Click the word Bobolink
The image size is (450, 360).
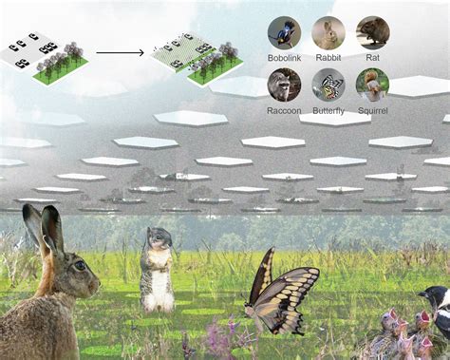pyautogui.click(x=284, y=57)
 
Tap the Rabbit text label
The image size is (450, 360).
pyautogui.click(x=328, y=57)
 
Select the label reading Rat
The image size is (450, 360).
pyautogui.click(x=372, y=57)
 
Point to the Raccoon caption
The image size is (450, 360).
pyautogui.click(x=284, y=109)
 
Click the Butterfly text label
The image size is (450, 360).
pyautogui.click(x=328, y=109)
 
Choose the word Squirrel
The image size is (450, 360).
pyautogui.click(x=372, y=109)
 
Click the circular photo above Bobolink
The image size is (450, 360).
pyautogui.click(x=284, y=33)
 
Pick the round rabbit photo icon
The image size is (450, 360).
pyautogui.click(x=328, y=33)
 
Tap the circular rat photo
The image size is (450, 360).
pyautogui.click(x=372, y=33)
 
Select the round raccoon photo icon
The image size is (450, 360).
pyautogui.click(x=284, y=85)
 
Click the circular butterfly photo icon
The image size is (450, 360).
pyautogui.click(x=328, y=85)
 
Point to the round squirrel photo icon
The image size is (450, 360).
pyautogui.click(x=372, y=85)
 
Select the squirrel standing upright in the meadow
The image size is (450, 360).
pyautogui.click(x=158, y=271)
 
